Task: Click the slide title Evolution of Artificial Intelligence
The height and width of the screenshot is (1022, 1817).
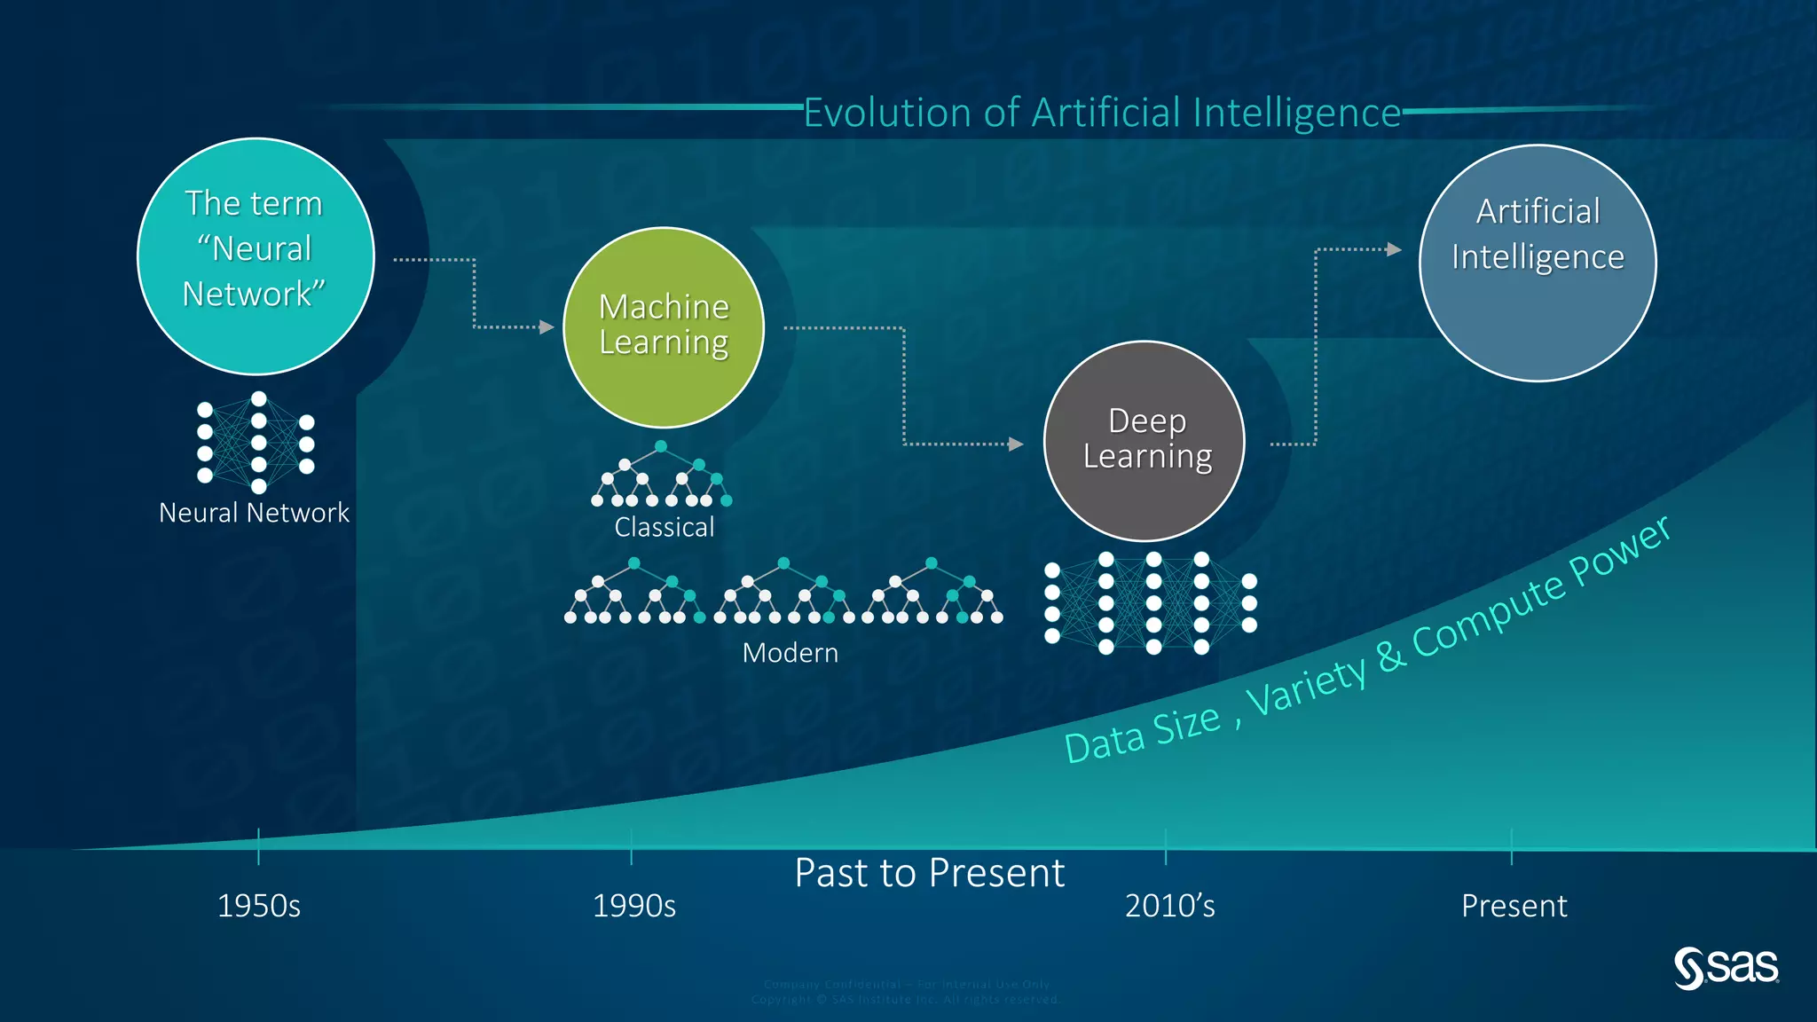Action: pyautogui.click(x=1102, y=114)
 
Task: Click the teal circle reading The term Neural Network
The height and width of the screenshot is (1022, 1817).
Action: pyautogui.click(x=256, y=255)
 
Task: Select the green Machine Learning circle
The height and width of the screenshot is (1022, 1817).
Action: pyautogui.click(x=664, y=327)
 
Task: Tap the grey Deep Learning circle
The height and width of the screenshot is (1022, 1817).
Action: pyautogui.click(x=1144, y=441)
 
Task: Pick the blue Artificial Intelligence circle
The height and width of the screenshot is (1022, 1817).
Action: pyautogui.click(x=1538, y=263)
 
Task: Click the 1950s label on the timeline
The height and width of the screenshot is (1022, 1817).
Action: pyautogui.click(x=259, y=906)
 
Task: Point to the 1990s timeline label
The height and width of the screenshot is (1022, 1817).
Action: pyautogui.click(x=633, y=906)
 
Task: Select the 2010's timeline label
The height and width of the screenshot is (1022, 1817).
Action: pyautogui.click(x=1169, y=906)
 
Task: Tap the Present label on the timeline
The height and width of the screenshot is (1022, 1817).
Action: pyautogui.click(x=1514, y=906)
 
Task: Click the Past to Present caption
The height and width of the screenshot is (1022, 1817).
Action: pyautogui.click(x=929, y=873)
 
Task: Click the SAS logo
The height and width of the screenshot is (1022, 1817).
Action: pyautogui.click(x=1726, y=967)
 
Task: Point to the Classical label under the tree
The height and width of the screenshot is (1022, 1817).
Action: pyautogui.click(x=664, y=527)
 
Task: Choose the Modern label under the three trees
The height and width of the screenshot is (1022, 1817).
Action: pyautogui.click(x=790, y=653)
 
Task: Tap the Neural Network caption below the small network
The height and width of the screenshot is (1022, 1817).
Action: pyautogui.click(x=254, y=513)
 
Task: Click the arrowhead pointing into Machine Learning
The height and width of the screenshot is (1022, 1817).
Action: pyautogui.click(x=547, y=327)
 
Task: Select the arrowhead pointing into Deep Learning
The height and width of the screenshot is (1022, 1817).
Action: pyautogui.click(x=1017, y=444)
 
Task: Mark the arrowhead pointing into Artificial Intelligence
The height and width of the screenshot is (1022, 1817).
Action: pyautogui.click(x=1395, y=249)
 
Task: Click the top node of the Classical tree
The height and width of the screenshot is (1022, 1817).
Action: pyautogui.click(x=661, y=446)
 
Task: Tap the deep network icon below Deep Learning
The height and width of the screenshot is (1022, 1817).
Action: pyautogui.click(x=1152, y=603)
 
